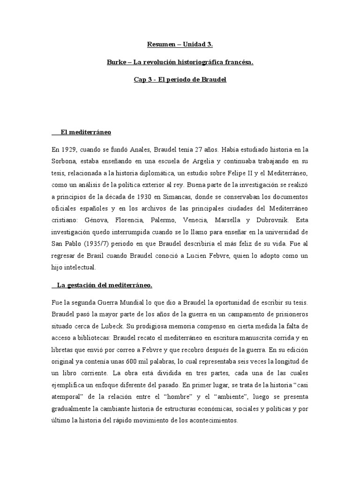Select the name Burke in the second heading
click(116, 62)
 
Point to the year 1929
click(68, 150)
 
